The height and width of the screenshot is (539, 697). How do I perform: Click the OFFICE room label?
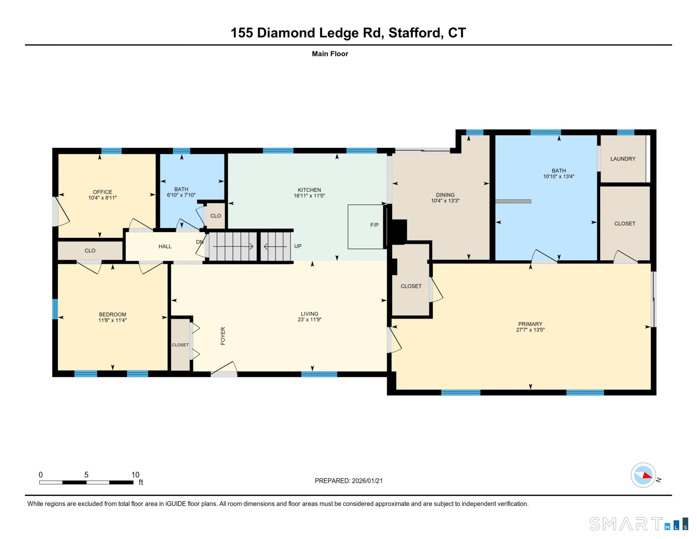pos(103,192)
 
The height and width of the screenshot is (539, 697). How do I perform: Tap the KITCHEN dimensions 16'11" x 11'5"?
pos(309,196)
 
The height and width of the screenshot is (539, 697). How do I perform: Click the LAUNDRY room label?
pos(623,159)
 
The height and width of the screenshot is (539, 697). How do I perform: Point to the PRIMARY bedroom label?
pos(530,324)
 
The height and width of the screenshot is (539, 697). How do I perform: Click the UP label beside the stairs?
pos(298,246)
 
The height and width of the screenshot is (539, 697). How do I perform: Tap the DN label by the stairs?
pos(200,242)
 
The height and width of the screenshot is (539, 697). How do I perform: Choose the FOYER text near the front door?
pos(223,336)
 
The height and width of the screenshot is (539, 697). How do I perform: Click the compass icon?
pos(643,475)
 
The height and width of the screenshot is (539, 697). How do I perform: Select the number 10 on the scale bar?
pos(135,475)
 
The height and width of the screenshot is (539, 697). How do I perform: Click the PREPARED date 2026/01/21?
pos(367,481)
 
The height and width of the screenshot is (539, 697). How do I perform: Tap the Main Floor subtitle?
pos(330,54)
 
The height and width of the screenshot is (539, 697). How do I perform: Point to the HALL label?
pos(165,247)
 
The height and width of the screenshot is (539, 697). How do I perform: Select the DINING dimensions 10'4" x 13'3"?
pos(445,201)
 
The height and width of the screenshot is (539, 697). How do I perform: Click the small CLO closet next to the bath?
pos(216,216)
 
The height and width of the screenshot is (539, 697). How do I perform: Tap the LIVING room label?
pos(309,314)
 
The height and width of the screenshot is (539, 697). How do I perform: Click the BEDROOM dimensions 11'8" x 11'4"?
pos(112,320)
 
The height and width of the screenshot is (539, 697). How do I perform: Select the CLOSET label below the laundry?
pos(625,224)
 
